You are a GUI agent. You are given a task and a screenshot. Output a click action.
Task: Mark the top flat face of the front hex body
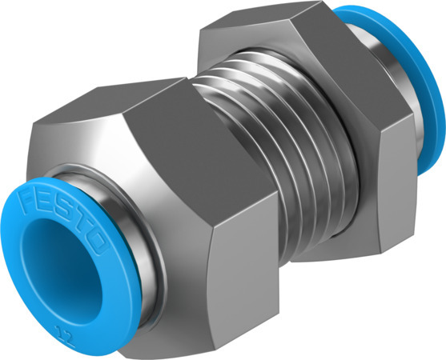click(120, 112)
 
